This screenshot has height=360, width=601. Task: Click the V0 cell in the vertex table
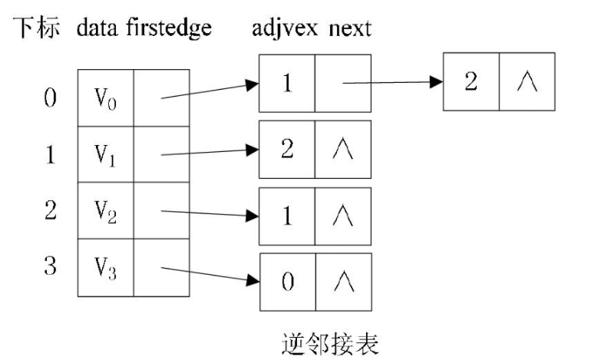105,97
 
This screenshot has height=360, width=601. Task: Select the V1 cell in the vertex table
105,154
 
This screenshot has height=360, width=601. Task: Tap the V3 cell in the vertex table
105,267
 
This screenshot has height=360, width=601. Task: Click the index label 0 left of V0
50,99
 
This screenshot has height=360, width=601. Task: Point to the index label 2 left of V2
50,210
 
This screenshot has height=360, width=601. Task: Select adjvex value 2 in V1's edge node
287,149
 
